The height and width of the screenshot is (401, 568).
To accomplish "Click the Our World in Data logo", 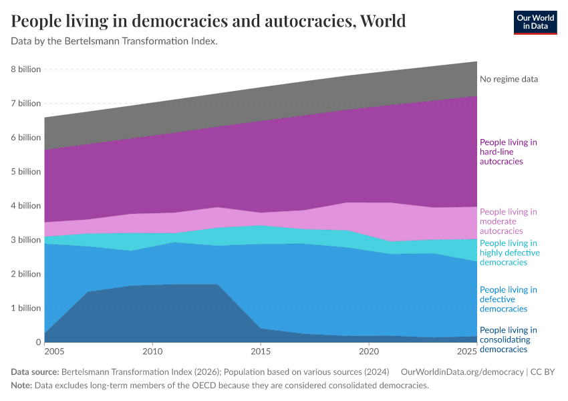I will (x=535, y=22).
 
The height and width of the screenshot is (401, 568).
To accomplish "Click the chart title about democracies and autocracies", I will (x=208, y=21).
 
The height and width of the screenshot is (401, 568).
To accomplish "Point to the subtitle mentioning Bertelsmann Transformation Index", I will (x=114, y=41).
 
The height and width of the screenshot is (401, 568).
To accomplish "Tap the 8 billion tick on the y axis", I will (x=25, y=70).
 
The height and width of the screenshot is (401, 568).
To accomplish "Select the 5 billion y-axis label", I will (x=25, y=172).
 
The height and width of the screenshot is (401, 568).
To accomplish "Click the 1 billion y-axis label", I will (x=25, y=308).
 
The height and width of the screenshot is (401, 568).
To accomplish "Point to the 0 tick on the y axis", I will (x=37, y=342).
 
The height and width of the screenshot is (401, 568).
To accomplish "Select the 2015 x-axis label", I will (x=261, y=352).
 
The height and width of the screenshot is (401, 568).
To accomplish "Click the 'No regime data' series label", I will (x=509, y=79).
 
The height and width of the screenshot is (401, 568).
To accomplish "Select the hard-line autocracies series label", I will (x=508, y=152).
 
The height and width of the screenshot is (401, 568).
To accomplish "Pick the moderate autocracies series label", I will (x=508, y=221).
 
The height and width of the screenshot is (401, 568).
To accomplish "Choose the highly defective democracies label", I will (x=509, y=253).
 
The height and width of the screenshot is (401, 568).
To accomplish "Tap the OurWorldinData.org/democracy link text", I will (x=461, y=372).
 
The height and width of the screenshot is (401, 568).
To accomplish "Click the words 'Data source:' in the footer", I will (x=35, y=372).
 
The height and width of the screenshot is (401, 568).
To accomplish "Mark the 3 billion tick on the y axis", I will (x=25, y=240).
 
